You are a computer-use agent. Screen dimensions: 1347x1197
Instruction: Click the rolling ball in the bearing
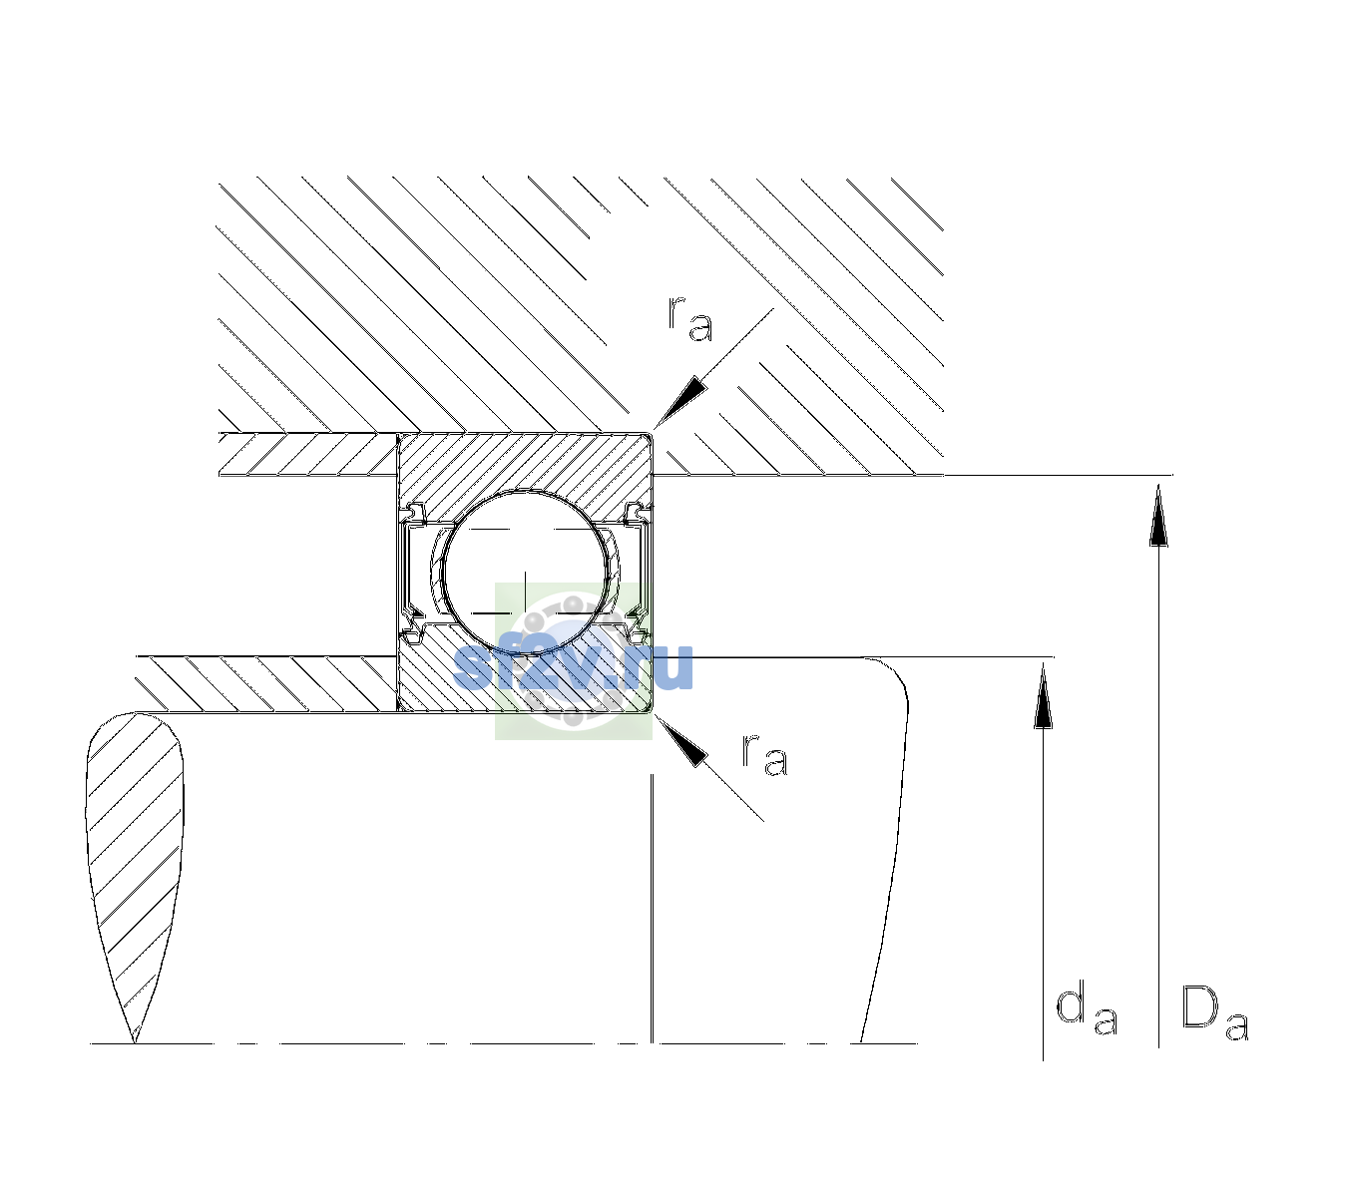coord(525,573)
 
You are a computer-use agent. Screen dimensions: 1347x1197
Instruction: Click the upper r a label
coord(690,319)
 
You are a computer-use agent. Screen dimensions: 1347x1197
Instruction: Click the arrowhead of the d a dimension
coord(1043,694)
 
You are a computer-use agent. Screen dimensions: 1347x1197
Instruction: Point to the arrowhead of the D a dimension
coord(1158,514)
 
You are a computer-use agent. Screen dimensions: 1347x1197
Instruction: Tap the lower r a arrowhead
coord(680,740)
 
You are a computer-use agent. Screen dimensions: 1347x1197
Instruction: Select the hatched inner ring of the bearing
coord(525,679)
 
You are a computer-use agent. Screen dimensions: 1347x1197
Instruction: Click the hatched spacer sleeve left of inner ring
coord(266,684)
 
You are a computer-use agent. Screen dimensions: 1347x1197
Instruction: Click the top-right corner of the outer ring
coord(653,433)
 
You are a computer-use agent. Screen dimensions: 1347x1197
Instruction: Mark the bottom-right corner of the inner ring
coord(653,712)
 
